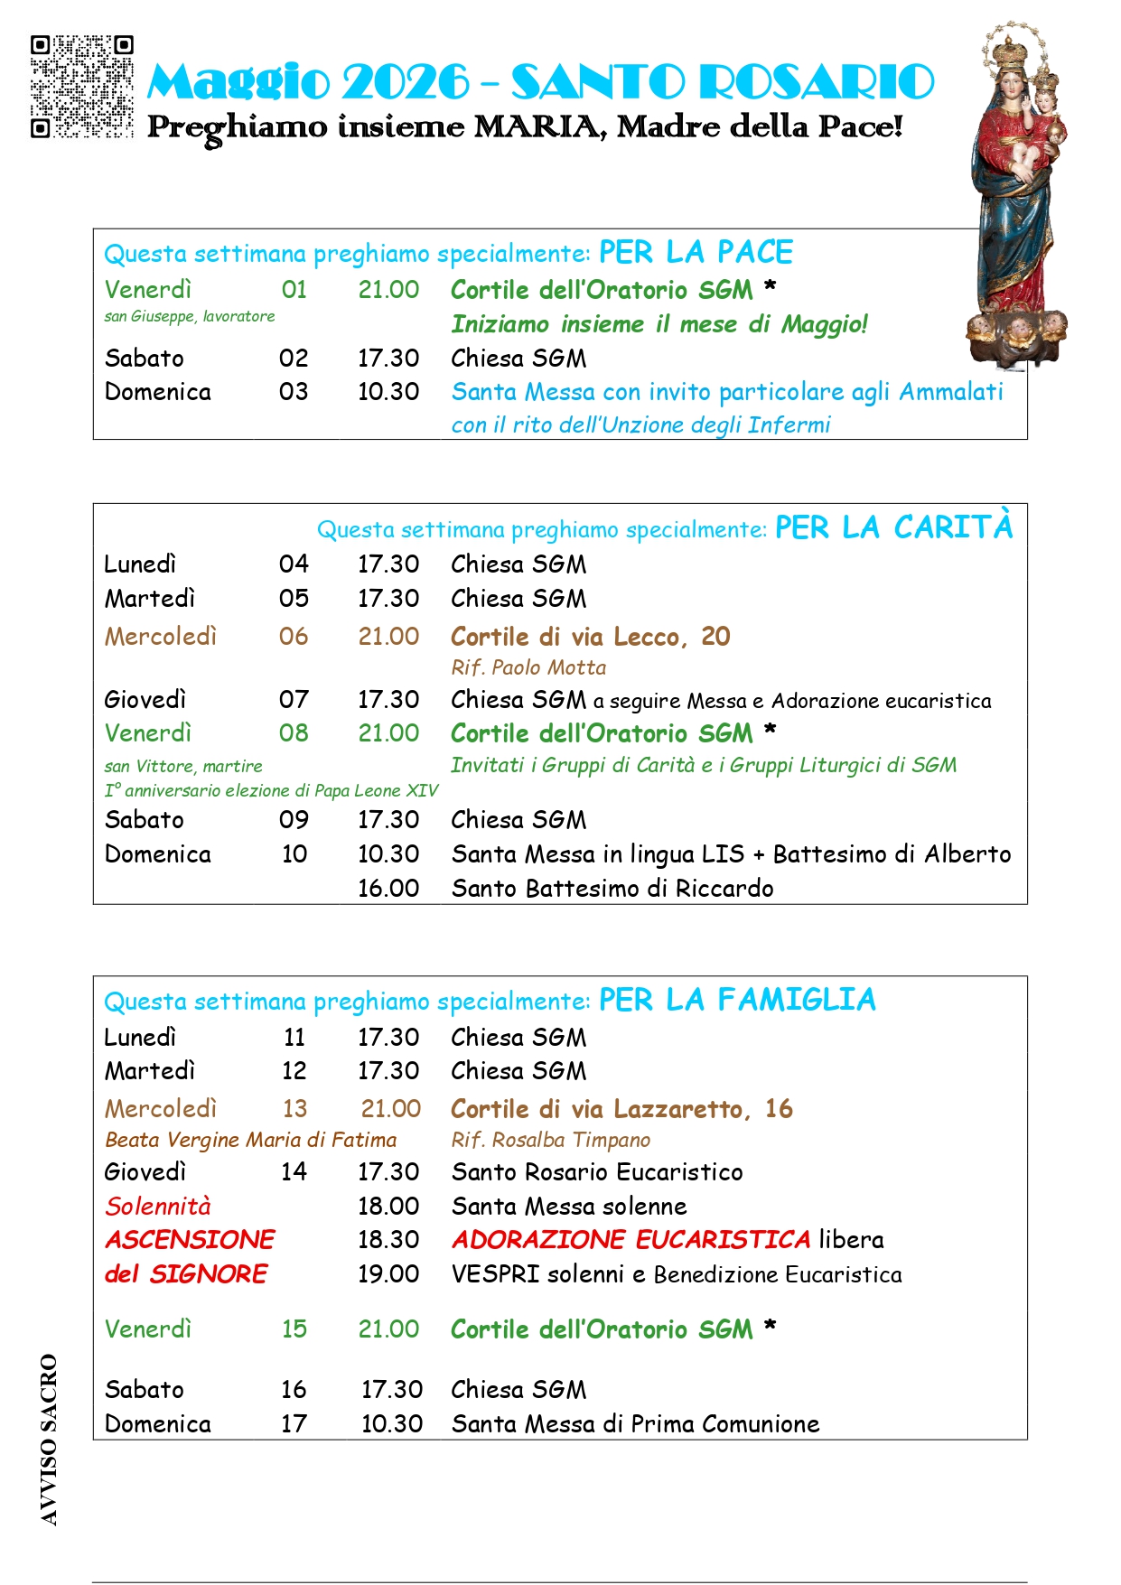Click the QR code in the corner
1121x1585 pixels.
[x=81, y=86]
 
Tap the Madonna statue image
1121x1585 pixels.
[x=1019, y=194]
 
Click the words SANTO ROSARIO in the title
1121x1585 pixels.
[x=723, y=82]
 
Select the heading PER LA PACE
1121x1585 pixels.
[x=696, y=253]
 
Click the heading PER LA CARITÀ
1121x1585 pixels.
[x=893, y=527]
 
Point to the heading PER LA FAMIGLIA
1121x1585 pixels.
[x=737, y=1001]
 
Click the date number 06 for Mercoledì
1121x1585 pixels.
[x=294, y=637]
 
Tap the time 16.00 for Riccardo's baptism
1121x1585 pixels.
[x=388, y=888]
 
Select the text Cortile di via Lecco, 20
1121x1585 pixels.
[x=591, y=637]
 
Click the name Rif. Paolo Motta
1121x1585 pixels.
[x=528, y=667]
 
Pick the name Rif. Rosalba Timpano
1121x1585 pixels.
[x=551, y=1140]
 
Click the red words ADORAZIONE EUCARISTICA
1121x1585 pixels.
[x=631, y=1240]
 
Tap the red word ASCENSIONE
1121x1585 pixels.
[x=190, y=1240]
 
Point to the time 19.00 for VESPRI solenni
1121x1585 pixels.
[x=388, y=1274]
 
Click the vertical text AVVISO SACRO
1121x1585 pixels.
[x=49, y=1440]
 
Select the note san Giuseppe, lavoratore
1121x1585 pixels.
[x=190, y=316]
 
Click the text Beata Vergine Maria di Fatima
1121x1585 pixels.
[x=251, y=1140]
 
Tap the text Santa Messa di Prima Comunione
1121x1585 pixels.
[x=635, y=1424]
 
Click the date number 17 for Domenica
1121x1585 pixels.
[x=294, y=1424]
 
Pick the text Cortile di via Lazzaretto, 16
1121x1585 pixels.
[x=621, y=1109]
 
